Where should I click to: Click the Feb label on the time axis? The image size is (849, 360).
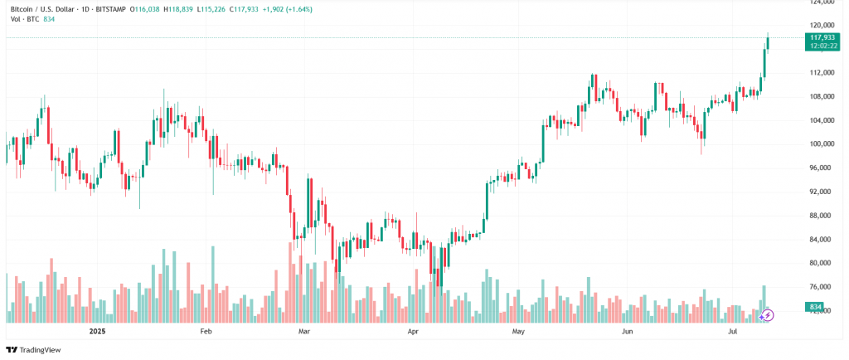(206, 331)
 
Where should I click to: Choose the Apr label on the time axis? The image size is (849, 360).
(413, 331)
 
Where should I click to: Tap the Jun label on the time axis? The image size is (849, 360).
(628, 331)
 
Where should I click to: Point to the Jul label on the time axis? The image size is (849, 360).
(733, 331)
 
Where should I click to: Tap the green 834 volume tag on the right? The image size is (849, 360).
(814, 308)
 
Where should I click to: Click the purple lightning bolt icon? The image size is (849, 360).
(768, 315)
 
